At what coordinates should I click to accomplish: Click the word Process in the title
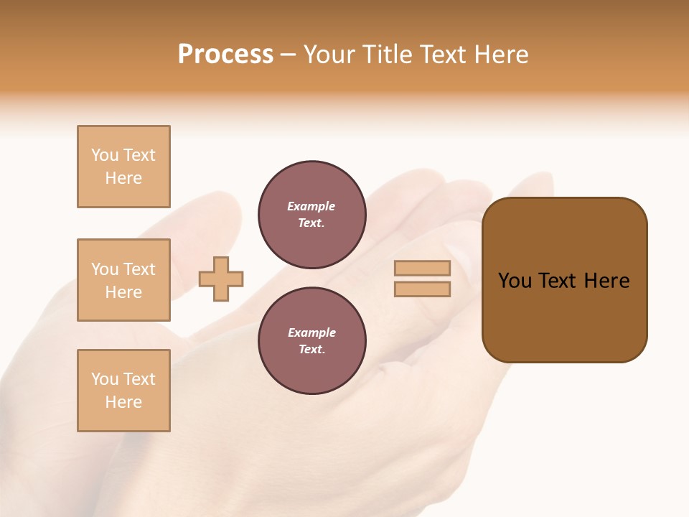(x=225, y=55)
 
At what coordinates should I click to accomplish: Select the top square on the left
(x=123, y=167)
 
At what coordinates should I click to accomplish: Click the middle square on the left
(x=123, y=280)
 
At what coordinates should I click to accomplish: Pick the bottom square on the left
(x=123, y=391)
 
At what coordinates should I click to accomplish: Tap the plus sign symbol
(x=221, y=279)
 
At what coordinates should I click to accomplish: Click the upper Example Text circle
(x=312, y=215)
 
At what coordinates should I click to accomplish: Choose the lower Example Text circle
(x=312, y=341)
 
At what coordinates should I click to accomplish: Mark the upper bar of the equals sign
(x=422, y=269)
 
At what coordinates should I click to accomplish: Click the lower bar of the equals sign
(x=422, y=289)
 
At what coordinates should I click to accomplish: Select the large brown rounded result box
(x=564, y=280)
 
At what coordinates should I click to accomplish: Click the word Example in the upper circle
(x=311, y=206)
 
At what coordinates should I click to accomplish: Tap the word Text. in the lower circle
(x=311, y=350)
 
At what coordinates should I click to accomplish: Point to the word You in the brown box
(x=515, y=281)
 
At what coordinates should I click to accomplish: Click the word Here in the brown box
(x=606, y=281)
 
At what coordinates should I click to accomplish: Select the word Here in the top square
(x=123, y=178)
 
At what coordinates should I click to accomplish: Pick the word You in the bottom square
(x=105, y=379)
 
